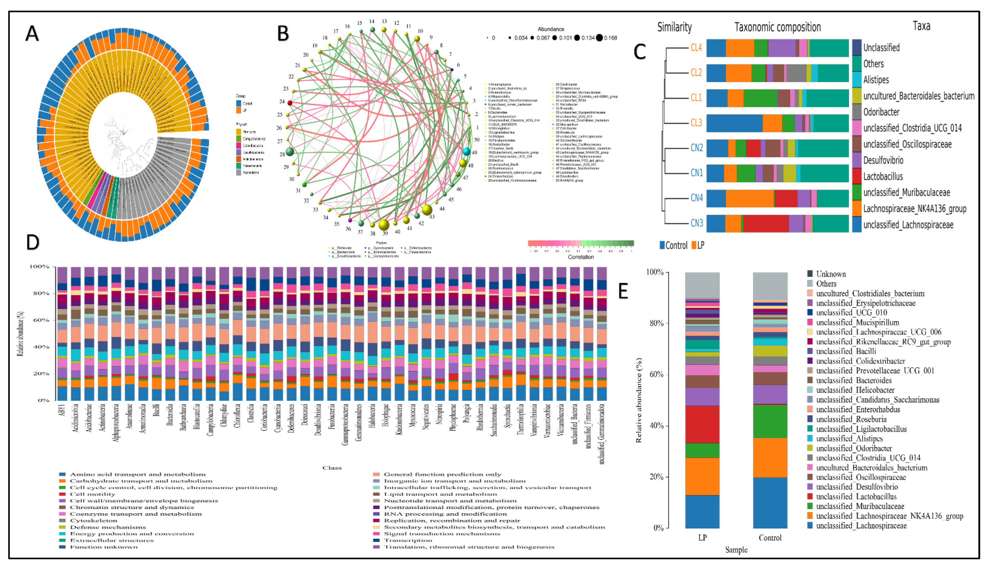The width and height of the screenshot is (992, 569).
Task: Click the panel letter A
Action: pos(32,33)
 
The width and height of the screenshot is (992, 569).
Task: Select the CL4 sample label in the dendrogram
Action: pos(696,48)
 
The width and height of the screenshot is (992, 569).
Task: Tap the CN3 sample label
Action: pos(697,223)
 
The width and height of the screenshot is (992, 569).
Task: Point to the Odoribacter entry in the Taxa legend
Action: pos(881,112)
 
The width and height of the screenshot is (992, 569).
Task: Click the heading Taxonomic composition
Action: pos(777,27)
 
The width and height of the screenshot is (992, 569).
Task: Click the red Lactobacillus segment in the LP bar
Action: pos(702,424)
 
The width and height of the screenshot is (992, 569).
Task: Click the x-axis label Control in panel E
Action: pos(770,538)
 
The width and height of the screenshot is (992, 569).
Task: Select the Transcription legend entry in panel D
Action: pos(408,540)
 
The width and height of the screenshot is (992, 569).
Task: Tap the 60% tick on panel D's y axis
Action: pos(40,320)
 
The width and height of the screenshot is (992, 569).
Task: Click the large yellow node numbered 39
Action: pos(384,225)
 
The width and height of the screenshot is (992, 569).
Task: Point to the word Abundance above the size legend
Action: pos(551,29)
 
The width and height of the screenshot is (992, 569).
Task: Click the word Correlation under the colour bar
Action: pos(581,257)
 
